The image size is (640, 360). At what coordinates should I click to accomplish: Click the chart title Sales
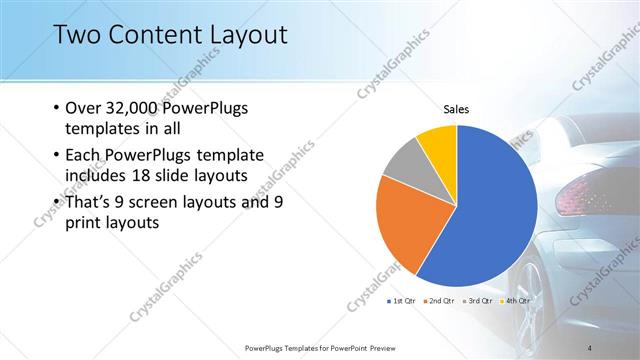pos(456,109)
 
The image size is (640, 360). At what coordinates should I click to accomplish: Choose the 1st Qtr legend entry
pos(404,300)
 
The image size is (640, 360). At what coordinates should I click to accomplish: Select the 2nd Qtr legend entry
pos(441,300)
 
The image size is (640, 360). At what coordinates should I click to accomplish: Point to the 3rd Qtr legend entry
pos(478,300)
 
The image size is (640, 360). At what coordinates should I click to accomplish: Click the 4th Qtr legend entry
pos(515,300)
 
